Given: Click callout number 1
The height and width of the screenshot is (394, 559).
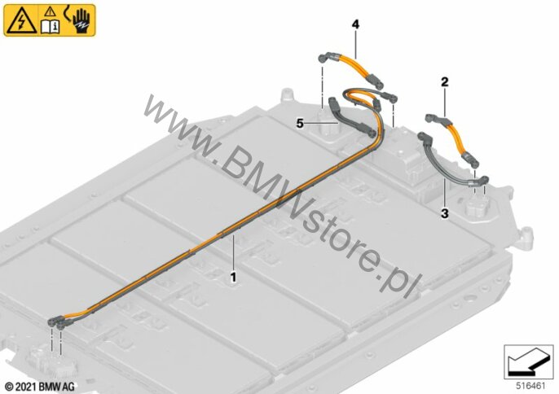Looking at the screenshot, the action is coord(234,277).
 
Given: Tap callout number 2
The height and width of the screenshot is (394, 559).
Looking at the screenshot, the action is coord(445,82).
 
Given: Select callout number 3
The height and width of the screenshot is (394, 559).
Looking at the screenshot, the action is coord(445,214).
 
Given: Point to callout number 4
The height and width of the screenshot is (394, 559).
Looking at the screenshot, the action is coord(355,24).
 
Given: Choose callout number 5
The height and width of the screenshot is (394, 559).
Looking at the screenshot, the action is coord(300,124).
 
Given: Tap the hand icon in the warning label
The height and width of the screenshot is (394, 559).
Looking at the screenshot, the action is coord(80,21).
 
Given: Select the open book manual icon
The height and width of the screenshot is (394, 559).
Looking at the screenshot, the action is coord(50,26).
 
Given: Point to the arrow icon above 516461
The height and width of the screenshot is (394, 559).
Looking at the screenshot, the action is coord(528,363).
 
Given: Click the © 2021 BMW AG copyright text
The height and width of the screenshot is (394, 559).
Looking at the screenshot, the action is coord(40,386).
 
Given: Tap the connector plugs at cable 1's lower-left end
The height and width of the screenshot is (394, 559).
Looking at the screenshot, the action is coord(57,322).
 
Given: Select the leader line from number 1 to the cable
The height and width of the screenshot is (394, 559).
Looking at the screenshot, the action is coord(234,252).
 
